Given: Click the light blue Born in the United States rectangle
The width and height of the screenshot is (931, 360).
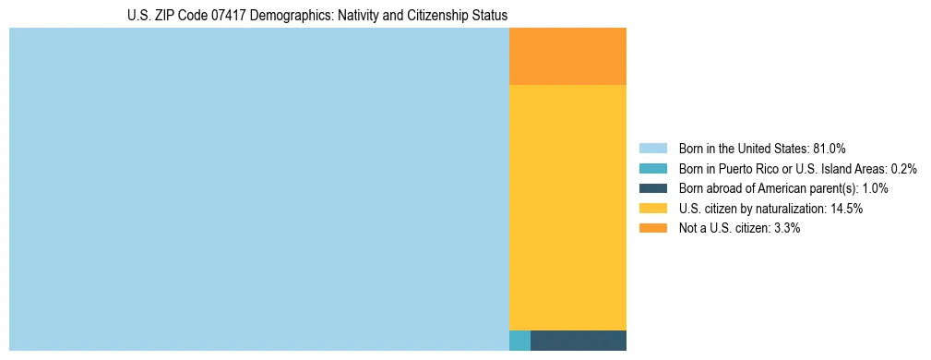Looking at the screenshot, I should click(258, 189).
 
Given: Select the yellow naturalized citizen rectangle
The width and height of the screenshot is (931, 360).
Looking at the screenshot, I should click(567, 207).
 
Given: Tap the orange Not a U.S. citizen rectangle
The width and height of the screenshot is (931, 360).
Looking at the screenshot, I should click(567, 56).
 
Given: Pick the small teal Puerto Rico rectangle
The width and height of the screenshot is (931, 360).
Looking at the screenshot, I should click(519, 340).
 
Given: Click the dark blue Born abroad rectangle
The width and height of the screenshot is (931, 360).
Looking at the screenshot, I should click(579, 340).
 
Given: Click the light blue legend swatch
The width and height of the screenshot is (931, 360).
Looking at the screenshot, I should click(652, 149).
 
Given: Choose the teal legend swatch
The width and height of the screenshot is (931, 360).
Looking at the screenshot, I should click(652, 169).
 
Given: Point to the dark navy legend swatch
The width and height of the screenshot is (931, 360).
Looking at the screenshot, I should click(652, 188).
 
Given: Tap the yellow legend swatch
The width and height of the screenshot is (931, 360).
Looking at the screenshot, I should click(652, 209).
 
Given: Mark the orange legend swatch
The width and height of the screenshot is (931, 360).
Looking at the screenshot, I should click(652, 228).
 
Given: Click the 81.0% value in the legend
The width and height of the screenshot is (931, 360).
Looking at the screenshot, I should click(830, 149).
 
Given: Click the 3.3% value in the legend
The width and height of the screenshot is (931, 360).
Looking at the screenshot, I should click(786, 228).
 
